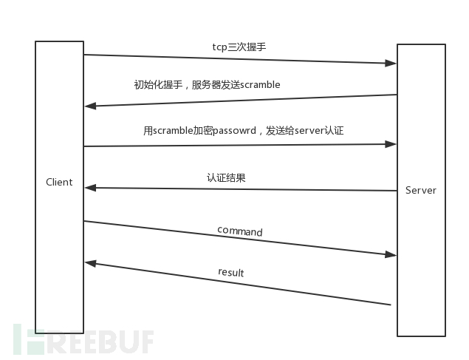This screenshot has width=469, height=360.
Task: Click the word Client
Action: (x=59, y=182)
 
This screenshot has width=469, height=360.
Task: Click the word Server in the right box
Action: (x=421, y=190)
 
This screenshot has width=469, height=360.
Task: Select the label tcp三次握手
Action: (x=239, y=47)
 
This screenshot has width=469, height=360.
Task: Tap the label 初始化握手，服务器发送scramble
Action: (x=207, y=85)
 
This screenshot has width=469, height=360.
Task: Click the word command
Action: (x=239, y=231)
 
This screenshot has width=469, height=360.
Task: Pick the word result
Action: (x=230, y=273)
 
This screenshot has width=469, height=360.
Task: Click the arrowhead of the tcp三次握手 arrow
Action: (x=392, y=64)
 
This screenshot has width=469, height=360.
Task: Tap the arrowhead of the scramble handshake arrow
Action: (x=89, y=106)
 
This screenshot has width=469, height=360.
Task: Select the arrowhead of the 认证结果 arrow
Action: (x=89, y=188)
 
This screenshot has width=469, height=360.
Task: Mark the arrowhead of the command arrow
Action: (x=392, y=255)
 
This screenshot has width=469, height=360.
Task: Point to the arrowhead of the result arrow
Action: (x=89, y=262)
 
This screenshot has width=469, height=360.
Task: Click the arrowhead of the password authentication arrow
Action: (x=392, y=144)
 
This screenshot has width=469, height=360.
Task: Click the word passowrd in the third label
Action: (x=233, y=131)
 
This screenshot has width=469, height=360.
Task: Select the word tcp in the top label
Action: (x=219, y=47)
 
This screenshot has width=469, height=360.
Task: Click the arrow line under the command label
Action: (x=239, y=238)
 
